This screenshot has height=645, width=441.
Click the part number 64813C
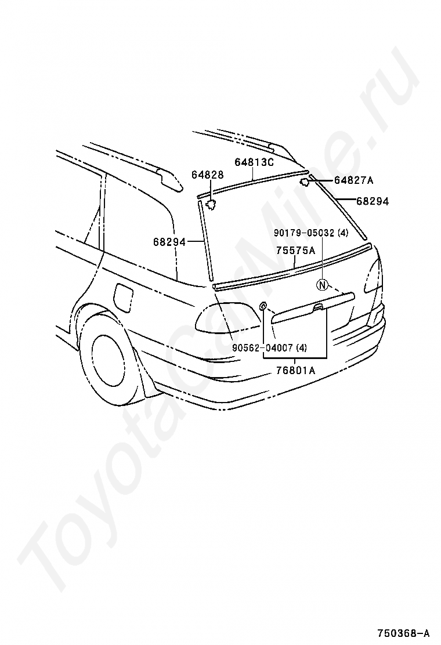tap(254, 162)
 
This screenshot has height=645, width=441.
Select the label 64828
tap(208, 175)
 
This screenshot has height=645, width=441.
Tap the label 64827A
tap(353, 180)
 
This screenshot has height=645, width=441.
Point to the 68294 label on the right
tap(373, 201)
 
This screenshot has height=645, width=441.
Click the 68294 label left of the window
tap(169, 242)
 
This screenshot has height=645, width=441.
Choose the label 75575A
tap(295, 251)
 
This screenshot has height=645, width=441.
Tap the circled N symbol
tap(323, 285)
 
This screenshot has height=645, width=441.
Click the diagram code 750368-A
tap(406, 632)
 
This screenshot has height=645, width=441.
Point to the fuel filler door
tap(124, 295)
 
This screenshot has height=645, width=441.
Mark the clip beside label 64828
tap(212, 204)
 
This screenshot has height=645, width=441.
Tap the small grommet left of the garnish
tap(263, 306)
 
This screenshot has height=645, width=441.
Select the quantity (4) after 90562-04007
tap(301, 348)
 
